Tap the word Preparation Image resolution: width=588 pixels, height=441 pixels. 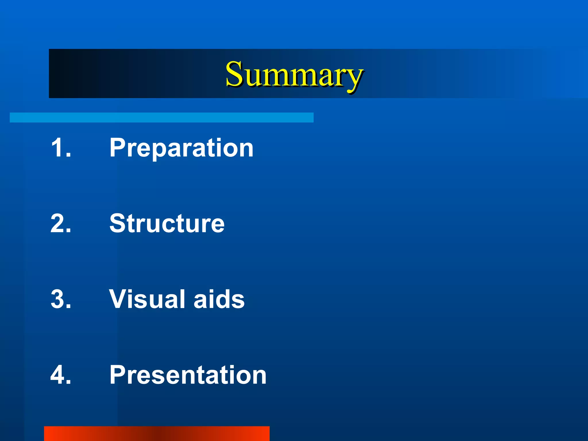[181, 148]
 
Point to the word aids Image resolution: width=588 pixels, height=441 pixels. [219, 299]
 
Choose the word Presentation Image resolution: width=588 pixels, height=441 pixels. [188, 375]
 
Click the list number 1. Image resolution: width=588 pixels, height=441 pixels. [59, 148]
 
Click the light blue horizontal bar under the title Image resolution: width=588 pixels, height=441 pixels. [161, 117]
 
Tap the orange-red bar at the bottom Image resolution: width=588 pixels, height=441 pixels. [156, 434]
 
